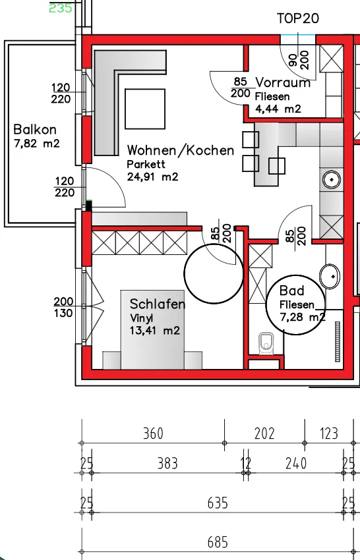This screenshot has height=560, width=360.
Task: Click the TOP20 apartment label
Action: tap(298, 18)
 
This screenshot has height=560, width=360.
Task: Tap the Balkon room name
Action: tap(35, 129)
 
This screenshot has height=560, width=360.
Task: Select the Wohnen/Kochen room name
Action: tap(181, 150)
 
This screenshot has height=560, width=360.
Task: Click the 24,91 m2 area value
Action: tap(153, 177)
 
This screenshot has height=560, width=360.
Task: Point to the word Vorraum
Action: tap(283, 82)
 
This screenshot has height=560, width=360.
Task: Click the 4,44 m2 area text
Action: tap(278, 109)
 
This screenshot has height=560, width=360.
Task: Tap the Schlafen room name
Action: tap(158, 304)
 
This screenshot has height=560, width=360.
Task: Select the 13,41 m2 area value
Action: tap(154, 330)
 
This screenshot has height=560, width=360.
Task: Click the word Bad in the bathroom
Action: tap(291, 291)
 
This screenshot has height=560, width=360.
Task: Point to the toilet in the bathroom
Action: tap(266, 343)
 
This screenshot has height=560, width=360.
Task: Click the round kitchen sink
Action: tap(332, 179)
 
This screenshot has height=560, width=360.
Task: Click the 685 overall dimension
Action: tap(218, 542)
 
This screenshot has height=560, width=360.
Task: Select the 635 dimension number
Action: tap(218, 503)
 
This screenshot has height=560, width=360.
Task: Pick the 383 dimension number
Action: tap(167, 464)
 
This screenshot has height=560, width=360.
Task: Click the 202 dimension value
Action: tap(264, 434)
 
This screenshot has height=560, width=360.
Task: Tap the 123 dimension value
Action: tap(328, 434)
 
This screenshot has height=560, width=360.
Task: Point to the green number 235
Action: tap(61, 8)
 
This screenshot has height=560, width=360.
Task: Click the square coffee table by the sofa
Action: tap(145, 109)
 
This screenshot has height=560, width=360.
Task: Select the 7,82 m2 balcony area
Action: tap(36, 144)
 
